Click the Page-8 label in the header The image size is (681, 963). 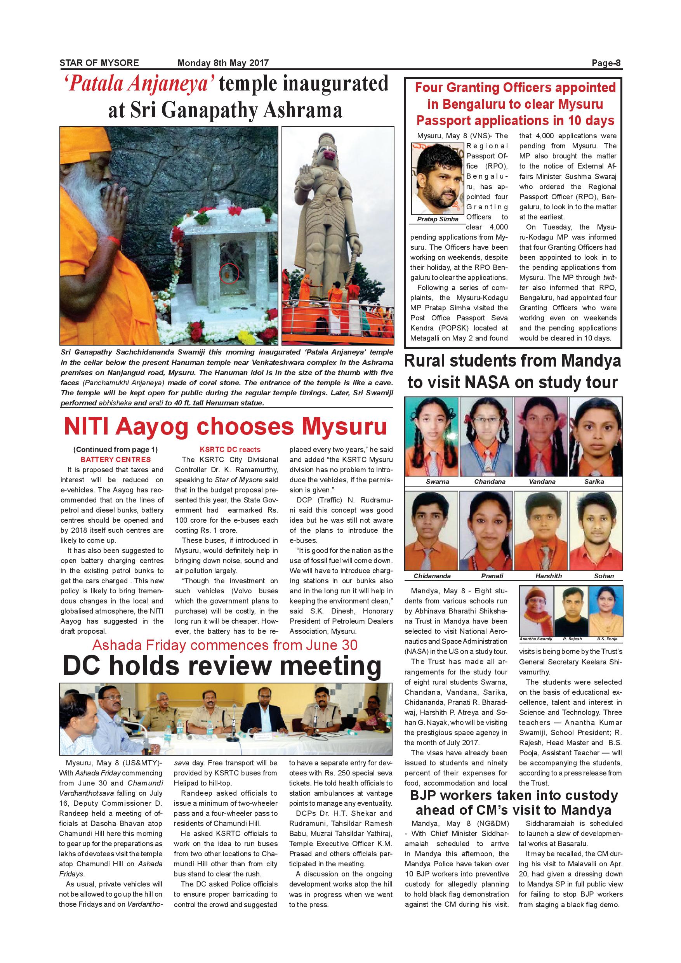606,63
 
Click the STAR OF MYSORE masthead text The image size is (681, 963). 99,63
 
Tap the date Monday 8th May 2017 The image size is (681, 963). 223,63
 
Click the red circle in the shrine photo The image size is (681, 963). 229,274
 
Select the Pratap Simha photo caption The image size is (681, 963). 438,219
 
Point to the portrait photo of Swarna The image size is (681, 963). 431,436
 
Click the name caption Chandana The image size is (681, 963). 489,481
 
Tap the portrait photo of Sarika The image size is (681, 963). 595,436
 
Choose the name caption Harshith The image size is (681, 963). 548,576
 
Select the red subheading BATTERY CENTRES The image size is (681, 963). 116,459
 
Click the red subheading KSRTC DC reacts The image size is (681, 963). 230,449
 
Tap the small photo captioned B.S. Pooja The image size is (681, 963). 606,611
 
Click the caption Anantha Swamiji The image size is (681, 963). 535,639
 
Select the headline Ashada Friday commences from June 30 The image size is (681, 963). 225,645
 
